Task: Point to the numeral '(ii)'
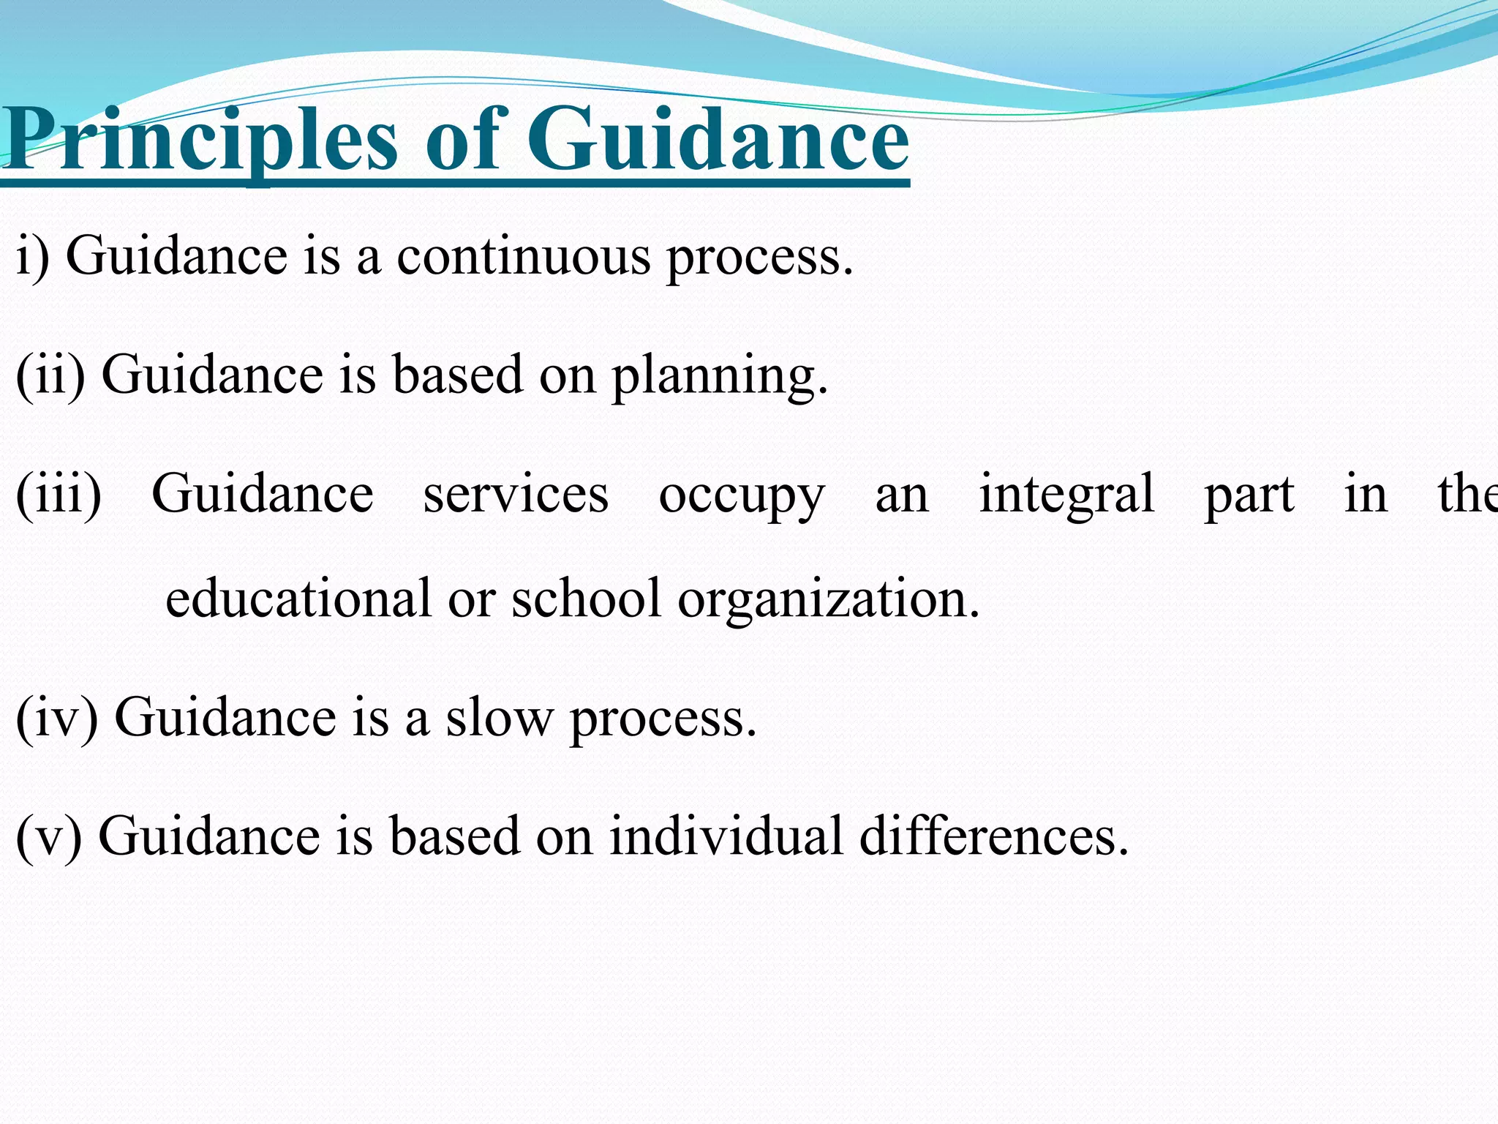pos(50,375)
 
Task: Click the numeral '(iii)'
pos(59,494)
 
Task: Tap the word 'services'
pos(516,494)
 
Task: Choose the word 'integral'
pos(1066,495)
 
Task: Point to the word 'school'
pos(586,598)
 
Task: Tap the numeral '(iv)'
pos(56,717)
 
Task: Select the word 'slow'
pos(500,717)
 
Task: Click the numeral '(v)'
pos(48,836)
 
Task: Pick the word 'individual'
pos(726,836)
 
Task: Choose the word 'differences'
pos(993,836)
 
